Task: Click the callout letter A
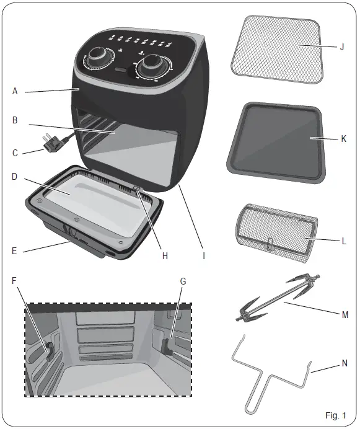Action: click(14, 91)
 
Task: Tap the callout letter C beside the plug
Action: click(14, 152)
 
